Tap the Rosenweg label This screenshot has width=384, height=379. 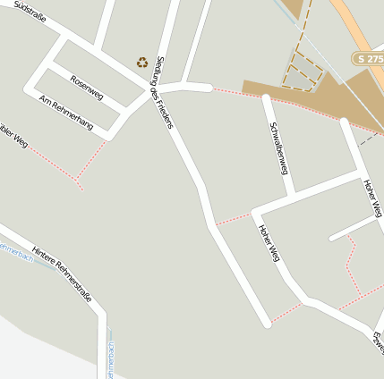click(87, 85)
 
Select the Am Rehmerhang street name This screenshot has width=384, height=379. click(66, 113)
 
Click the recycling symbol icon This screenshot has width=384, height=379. click(142, 63)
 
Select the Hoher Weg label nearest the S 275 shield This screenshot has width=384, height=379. click(372, 198)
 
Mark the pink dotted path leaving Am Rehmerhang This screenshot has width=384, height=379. click(90, 161)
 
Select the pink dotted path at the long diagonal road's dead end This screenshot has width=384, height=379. click(286, 313)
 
